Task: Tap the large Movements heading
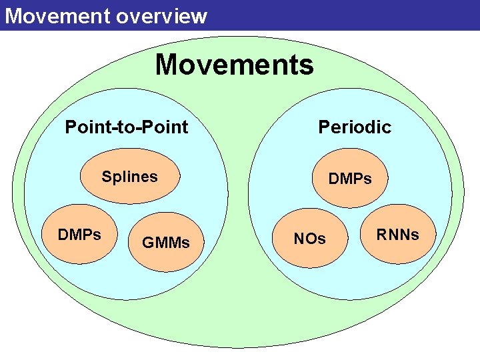234,65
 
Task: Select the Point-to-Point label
126,127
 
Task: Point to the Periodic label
354,127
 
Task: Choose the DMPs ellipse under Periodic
351,177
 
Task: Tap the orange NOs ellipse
309,239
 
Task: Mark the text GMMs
166,243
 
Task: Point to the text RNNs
397,235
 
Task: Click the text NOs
310,239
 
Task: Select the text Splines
129,177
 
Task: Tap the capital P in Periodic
323,127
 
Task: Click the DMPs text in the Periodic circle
349,179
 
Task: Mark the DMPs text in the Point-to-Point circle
79,235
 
